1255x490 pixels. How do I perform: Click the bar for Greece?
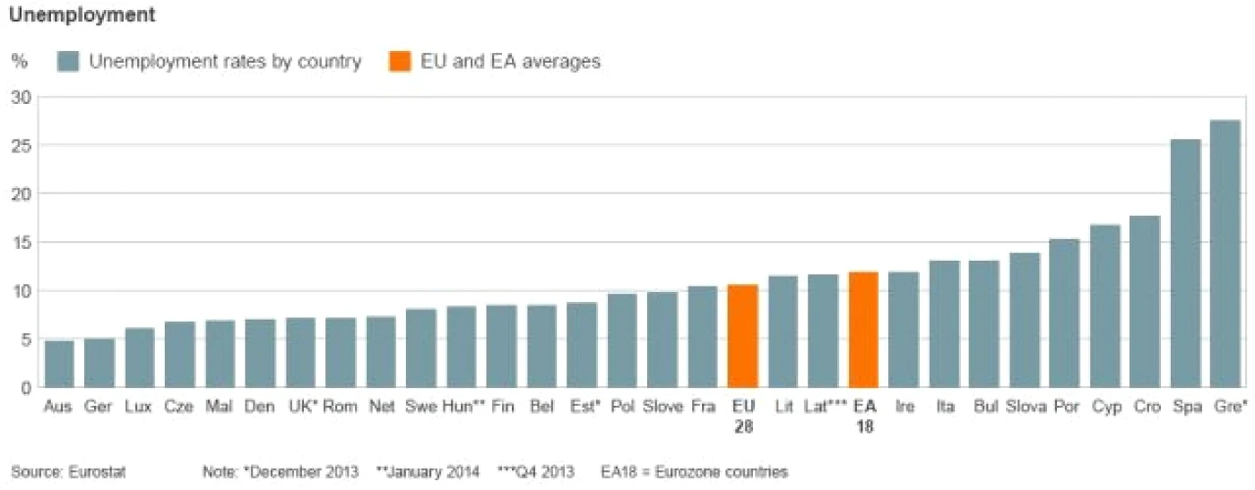click(1225, 254)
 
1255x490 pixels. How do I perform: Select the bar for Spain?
click(1185, 262)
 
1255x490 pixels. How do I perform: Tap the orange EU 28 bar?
click(742, 335)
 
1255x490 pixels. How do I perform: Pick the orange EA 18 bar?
click(863, 330)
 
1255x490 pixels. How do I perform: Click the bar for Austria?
click(59, 364)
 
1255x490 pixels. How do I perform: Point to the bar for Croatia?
click(1145, 301)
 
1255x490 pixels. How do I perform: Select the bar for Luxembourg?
click(140, 357)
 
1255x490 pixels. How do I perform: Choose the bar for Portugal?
click(1064, 313)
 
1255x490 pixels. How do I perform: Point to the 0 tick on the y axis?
click(26, 388)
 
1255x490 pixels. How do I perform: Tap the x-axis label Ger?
click(98, 406)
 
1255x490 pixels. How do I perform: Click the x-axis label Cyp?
click(1106, 406)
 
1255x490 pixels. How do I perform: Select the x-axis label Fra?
click(703, 406)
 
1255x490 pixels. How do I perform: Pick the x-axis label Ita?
click(945, 406)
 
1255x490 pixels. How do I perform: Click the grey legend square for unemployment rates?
click(68, 61)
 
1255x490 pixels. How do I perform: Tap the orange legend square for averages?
click(400, 61)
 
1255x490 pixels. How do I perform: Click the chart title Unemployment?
click(82, 14)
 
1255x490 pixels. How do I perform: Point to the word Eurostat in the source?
click(97, 472)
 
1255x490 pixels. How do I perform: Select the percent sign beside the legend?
click(20, 61)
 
